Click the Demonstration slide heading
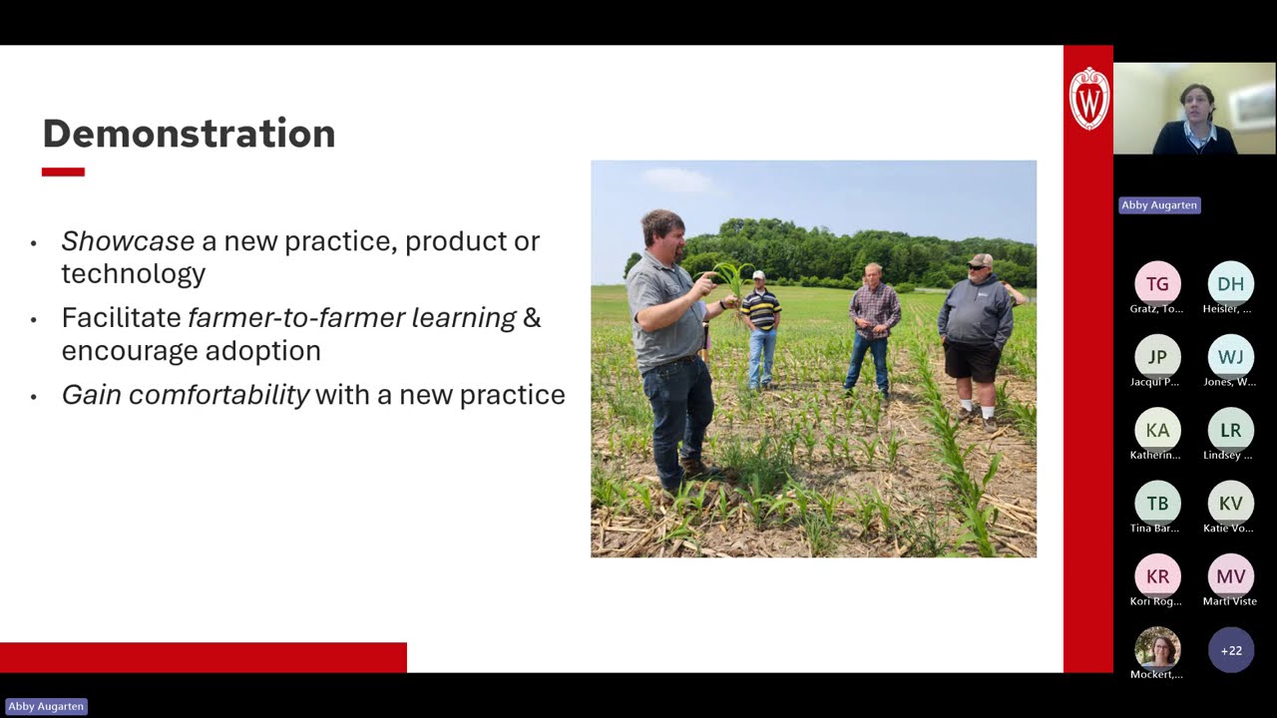pos(189,134)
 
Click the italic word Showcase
pos(128,241)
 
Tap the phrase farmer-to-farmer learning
pos(352,318)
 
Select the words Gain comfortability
pos(186,395)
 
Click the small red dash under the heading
pos(63,172)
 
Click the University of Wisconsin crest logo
pos(1088,98)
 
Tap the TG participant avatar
pos(1157,284)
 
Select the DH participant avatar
pos(1230,284)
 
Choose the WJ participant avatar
pos(1230,357)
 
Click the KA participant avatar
pos(1157,430)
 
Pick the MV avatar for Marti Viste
pos(1230,576)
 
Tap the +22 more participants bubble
pos(1230,650)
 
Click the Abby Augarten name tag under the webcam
pos(1158,205)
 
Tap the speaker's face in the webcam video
pos(1195,103)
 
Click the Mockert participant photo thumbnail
pos(1157,649)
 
